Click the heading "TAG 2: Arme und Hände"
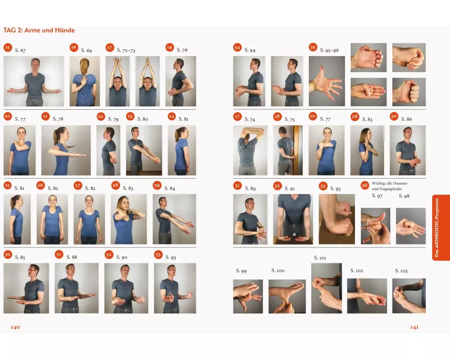pyautogui.click(x=39, y=30)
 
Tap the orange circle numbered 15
pyautogui.click(x=8, y=48)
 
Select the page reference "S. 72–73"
pyautogui.click(x=126, y=50)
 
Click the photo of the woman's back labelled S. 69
pyautogui.click(x=85, y=82)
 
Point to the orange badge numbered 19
pyautogui.click(x=169, y=48)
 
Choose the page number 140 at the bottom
pyautogui.click(x=15, y=327)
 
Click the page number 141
pyautogui.click(x=414, y=327)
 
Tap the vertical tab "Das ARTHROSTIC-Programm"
pyautogui.click(x=437, y=228)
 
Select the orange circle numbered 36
pyautogui.click(x=365, y=185)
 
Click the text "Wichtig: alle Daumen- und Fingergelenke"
pyautogui.click(x=390, y=186)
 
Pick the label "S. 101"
pyautogui.click(x=320, y=258)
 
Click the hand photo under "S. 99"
pyautogui.click(x=248, y=296)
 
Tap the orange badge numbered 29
pyautogui.click(x=157, y=185)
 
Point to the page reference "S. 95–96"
pyautogui.click(x=329, y=50)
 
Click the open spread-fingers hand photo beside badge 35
pyautogui.click(x=327, y=82)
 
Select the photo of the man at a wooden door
pyautogui.click(x=288, y=150)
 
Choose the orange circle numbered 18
pyautogui.click(x=277, y=116)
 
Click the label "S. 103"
pyautogui.click(x=401, y=270)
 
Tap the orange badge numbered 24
pyautogui.click(x=172, y=116)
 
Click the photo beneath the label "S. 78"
pyautogui.click(x=66, y=150)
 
